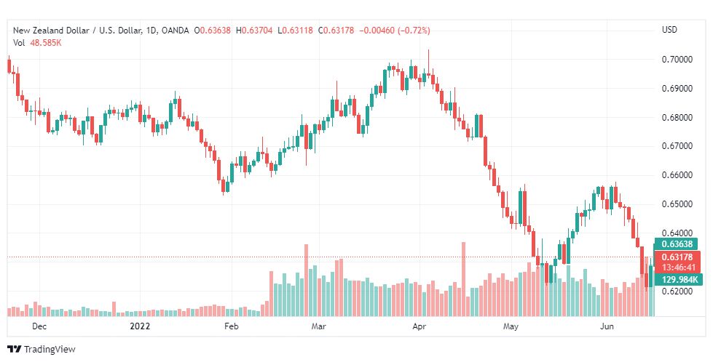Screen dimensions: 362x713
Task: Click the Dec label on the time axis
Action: (39, 327)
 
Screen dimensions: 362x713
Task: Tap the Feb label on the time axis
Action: (231, 327)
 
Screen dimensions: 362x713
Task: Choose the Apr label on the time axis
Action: (419, 327)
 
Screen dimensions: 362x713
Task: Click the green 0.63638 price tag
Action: (677, 244)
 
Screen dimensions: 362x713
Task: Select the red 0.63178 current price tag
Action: (677, 257)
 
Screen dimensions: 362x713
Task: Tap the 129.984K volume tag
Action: (679, 279)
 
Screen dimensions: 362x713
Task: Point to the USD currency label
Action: (669, 30)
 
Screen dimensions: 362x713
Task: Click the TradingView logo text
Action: (49, 350)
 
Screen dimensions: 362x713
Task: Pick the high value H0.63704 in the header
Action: (254, 31)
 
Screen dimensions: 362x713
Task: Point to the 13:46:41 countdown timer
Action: (677, 267)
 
